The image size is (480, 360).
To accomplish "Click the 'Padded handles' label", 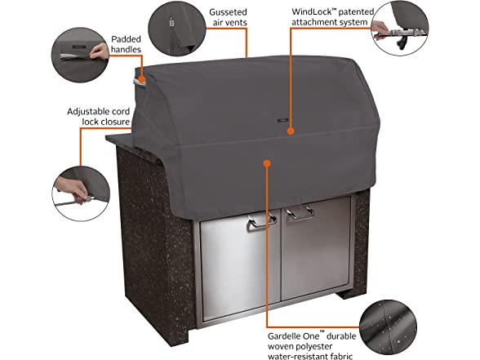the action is point(126,44).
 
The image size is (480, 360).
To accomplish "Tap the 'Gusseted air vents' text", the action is point(228,17).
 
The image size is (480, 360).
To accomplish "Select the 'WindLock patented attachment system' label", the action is point(332,17).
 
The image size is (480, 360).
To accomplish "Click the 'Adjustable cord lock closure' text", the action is point(99,116).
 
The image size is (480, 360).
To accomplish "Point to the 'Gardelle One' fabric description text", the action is point(312,345).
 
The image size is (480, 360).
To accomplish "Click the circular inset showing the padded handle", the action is point(80,56).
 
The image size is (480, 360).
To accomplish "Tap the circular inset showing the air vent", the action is point(177,28).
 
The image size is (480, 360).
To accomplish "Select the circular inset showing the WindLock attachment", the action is point(399,28).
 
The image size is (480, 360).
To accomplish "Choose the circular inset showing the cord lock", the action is point(81,193).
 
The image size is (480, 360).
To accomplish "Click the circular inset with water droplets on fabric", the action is point(388,328).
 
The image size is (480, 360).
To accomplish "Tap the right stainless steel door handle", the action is point(300,213).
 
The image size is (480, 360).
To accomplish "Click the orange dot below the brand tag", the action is point(291,131).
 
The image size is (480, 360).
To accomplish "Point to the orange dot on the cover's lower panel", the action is point(267,163).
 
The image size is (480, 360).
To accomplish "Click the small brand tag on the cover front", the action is point(283,121).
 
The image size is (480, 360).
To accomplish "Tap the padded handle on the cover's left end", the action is point(140,81).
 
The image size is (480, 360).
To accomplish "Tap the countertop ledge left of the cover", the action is point(122,140).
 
